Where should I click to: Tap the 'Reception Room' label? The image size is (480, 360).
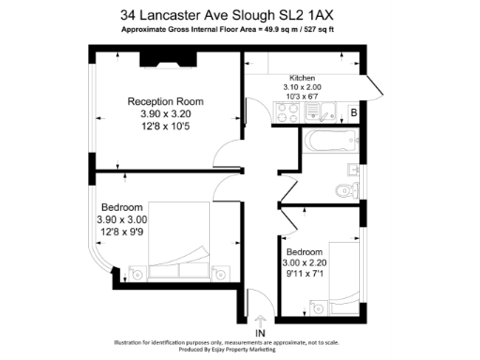click(165, 101)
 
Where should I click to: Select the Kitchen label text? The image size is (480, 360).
click(302, 78)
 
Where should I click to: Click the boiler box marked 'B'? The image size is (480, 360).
click(353, 113)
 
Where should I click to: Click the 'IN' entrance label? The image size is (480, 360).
click(260, 332)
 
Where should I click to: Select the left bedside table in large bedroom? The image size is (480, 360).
click(138, 274)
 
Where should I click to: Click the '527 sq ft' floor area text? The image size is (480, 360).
click(340, 30)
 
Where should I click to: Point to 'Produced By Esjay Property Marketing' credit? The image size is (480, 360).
click(239, 352)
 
